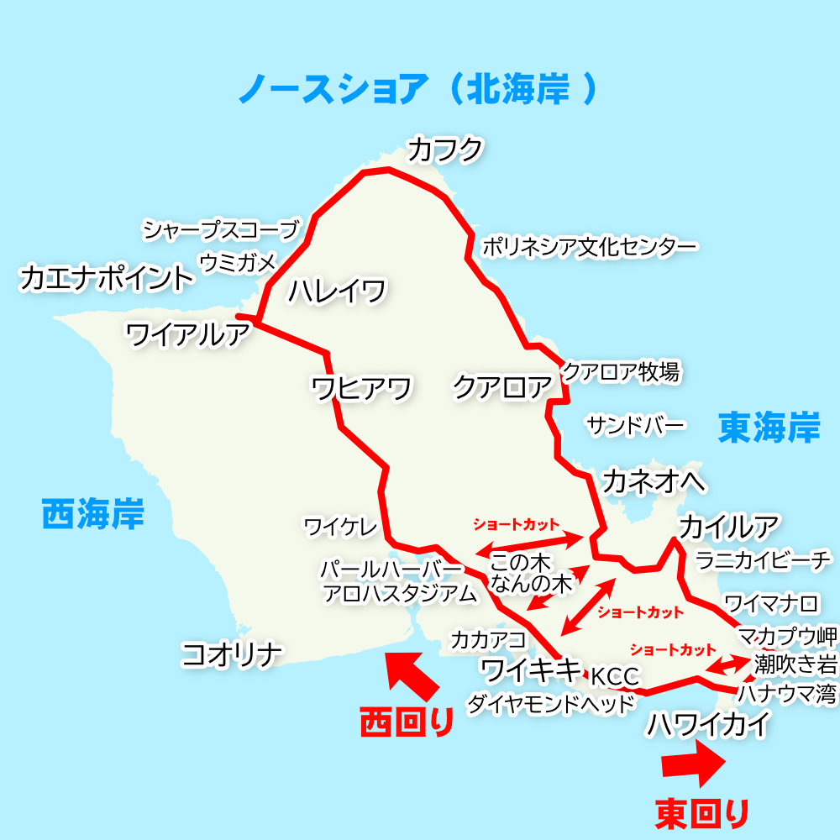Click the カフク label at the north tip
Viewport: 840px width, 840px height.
click(445, 150)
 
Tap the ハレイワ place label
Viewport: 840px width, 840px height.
click(337, 291)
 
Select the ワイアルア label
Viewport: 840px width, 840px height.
click(187, 334)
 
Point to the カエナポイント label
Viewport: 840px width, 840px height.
click(106, 278)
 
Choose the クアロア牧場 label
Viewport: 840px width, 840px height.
click(621, 371)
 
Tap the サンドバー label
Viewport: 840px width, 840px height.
click(636, 425)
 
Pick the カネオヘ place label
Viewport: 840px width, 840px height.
click(654, 481)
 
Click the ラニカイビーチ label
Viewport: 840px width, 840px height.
click(764, 559)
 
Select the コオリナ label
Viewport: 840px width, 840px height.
click(231, 654)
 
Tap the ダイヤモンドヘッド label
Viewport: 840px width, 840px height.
click(551, 704)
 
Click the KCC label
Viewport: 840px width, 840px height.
click(615, 676)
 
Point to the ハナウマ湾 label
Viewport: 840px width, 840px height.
click(787, 694)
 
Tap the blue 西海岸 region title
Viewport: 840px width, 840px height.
click(92, 512)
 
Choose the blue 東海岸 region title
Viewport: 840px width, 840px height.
click(769, 428)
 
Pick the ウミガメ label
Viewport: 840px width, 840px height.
click(237, 263)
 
